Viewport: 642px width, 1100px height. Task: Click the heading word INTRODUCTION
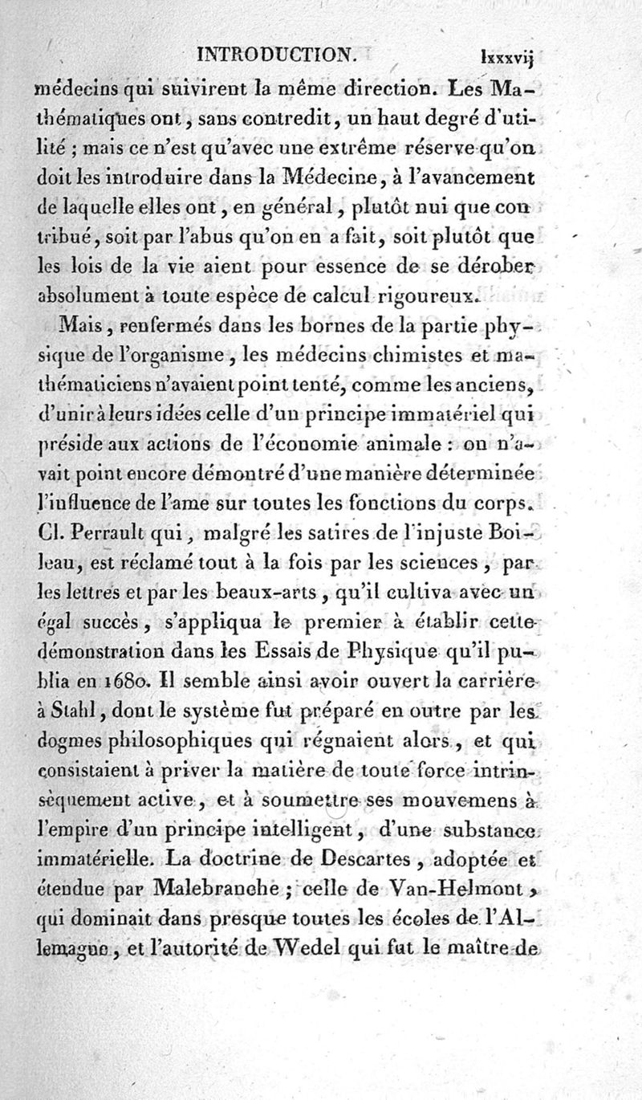pyautogui.click(x=275, y=55)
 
